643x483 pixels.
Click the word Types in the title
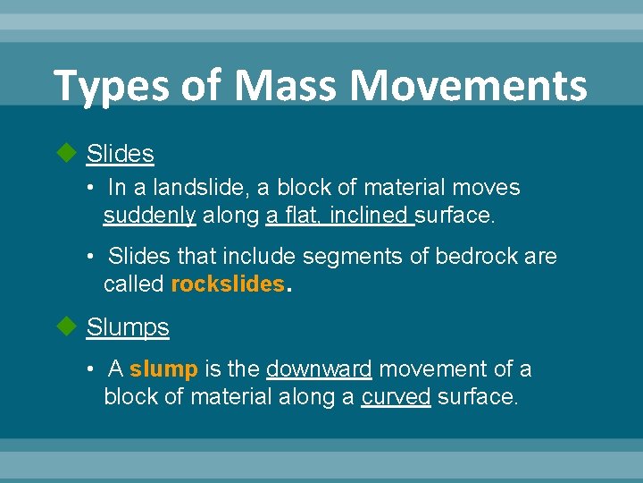coord(98,87)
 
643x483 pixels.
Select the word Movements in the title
coord(468,87)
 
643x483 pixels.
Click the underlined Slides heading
coord(120,155)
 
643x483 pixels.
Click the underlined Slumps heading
coord(128,327)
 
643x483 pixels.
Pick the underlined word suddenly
coord(149,216)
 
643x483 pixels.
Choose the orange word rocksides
coord(226,285)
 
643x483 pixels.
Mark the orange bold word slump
coord(163,369)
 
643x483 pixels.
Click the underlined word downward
coord(319,369)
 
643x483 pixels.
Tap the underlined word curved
coord(396,397)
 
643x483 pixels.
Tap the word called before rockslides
coord(134,285)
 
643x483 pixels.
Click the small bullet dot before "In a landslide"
coord(91,189)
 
